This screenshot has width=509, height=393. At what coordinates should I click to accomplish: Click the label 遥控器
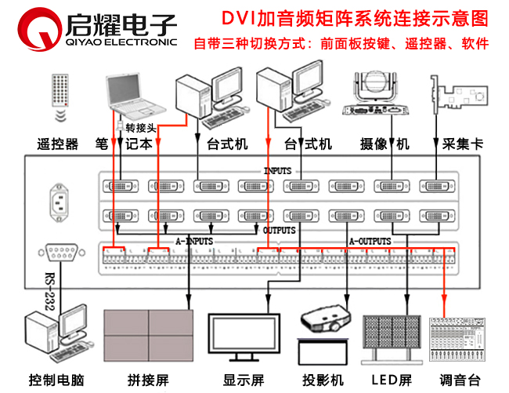tap(57, 144)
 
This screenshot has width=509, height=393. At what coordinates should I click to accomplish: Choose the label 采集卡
tap(454, 144)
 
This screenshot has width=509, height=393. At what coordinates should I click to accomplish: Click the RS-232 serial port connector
tap(60, 251)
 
